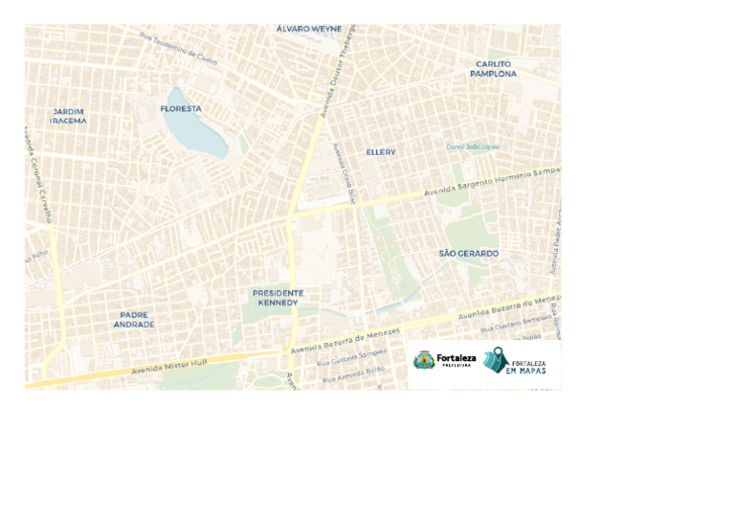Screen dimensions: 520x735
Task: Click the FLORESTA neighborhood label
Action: coord(181,109)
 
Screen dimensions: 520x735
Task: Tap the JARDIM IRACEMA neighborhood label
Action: coord(69,117)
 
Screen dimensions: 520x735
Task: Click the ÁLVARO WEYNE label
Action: coord(308,30)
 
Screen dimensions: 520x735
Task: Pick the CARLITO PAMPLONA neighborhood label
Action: coord(494,69)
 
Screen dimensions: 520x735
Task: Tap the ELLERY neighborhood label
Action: coord(381,152)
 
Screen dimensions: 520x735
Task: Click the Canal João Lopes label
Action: coord(473,147)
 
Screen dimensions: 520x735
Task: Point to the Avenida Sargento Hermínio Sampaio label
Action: coord(492,181)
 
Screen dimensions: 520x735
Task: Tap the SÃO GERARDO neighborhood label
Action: coord(469,254)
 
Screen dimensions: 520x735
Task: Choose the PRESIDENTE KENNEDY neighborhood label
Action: coord(278,298)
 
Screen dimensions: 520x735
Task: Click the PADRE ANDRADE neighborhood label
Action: coord(134,320)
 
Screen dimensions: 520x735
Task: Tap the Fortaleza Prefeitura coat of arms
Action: coord(423,360)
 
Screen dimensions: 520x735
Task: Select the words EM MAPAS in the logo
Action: coord(528,370)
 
